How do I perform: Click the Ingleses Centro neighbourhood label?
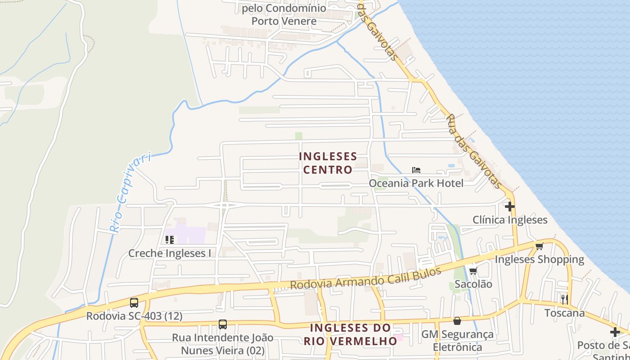coord(328,163)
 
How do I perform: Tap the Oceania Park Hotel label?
coord(416,183)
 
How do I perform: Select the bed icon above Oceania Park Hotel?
coord(416,170)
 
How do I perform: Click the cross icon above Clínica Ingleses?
coord(509,207)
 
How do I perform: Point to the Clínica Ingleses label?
coord(510,220)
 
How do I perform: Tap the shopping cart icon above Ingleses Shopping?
coord(539,246)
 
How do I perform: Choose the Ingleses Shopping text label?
coord(539,259)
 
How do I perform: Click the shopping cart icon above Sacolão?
coord(473,271)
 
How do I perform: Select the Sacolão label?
coord(473,284)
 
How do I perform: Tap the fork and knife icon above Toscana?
coord(564,299)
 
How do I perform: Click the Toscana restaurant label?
coord(564,313)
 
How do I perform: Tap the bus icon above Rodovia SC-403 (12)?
coord(134,303)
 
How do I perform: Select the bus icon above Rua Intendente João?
coord(222,324)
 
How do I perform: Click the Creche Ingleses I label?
coord(170,253)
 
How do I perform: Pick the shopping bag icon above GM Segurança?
coord(457,321)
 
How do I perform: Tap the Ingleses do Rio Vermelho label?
coord(351,334)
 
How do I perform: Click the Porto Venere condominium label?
coord(284,14)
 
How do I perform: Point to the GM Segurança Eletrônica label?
coord(457,341)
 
